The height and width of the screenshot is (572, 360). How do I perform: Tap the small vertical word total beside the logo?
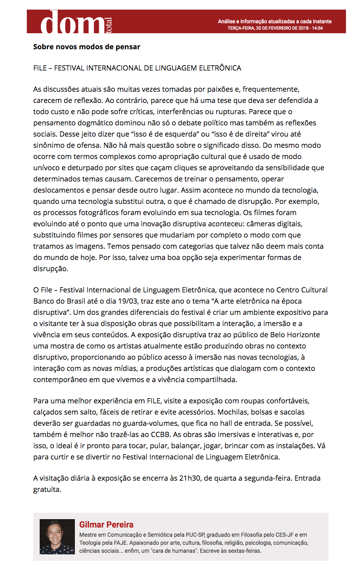[109, 25]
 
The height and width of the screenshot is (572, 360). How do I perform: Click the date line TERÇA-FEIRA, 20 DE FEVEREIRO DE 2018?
[275, 28]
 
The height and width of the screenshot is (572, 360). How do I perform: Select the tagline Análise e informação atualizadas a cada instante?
[275, 21]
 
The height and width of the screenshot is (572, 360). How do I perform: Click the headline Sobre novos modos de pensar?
[86, 47]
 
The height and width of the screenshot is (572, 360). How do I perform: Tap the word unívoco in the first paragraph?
[46, 168]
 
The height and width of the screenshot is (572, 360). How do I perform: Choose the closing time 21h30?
[190, 478]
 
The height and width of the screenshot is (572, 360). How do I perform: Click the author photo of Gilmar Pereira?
[57, 537]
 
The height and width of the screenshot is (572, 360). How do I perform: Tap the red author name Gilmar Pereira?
[106, 525]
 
